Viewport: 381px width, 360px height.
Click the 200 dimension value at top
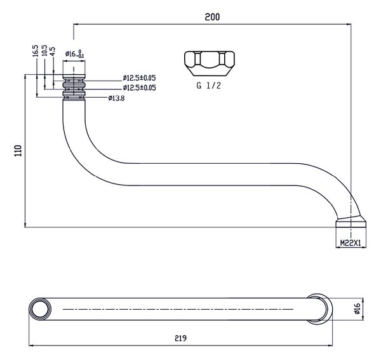pos(212,17)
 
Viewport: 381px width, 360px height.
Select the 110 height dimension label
pos(18,150)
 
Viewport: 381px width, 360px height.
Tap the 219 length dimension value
pos(180,338)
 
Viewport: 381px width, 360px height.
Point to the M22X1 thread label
pos(351,243)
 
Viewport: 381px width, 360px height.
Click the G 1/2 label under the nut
pos(209,86)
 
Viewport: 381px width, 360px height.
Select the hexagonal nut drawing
pos(210,63)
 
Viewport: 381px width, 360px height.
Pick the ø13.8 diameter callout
pos(116,98)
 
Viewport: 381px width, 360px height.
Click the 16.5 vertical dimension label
pos(36,51)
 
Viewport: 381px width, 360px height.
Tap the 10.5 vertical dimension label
pos(44,51)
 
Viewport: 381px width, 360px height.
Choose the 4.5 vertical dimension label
pos(53,51)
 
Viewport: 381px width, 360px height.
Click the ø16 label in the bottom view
pos(357,309)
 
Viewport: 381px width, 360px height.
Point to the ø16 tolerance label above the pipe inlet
pos(74,54)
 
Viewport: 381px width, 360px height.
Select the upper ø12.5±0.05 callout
pos(139,78)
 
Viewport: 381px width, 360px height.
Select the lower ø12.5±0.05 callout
pos(139,88)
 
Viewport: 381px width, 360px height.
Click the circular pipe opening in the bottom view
pos(40,309)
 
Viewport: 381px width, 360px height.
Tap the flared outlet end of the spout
pos(351,222)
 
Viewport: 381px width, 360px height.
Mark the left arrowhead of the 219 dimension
pos(31,345)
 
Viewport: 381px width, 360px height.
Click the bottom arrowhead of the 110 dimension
pos(25,225)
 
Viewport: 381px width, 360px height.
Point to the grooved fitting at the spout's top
pos(74,87)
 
